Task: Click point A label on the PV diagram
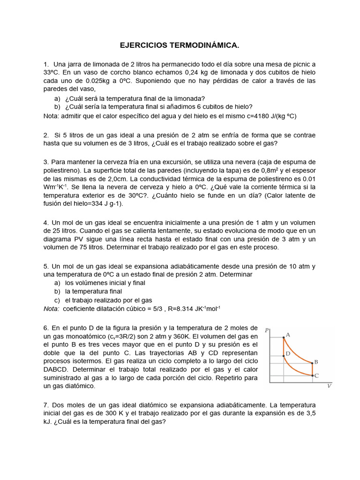pos(288,335)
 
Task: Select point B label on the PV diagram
pos(316,362)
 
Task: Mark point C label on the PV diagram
pos(316,375)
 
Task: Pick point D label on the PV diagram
pos(288,354)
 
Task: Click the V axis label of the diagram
pos(329,386)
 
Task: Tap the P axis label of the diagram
pos(267,330)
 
